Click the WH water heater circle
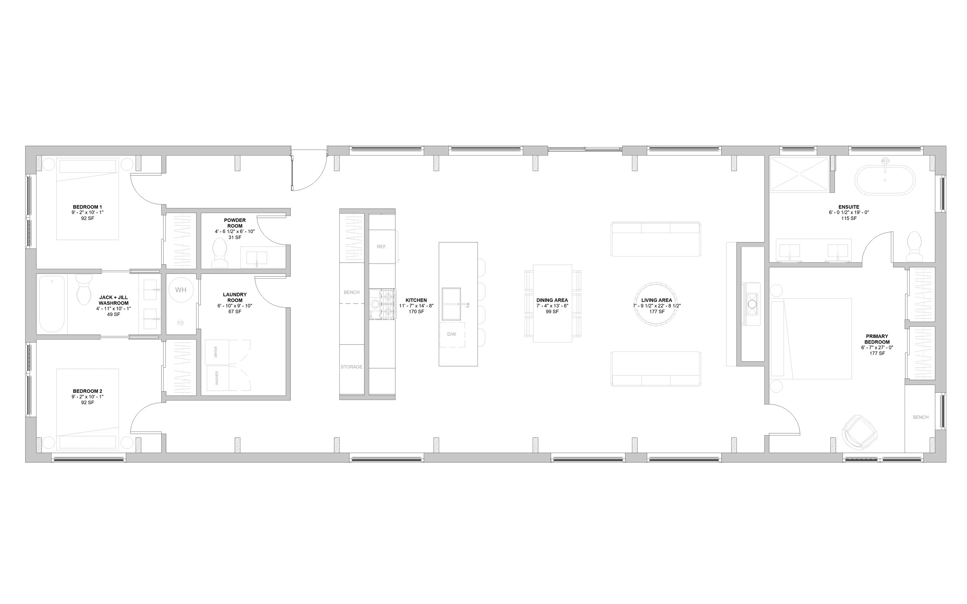(181, 289)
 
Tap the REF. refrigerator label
(382, 247)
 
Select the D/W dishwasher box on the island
(452, 334)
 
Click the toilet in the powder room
(219, 253)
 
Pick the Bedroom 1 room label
(87, 207)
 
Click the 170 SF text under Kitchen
(416, 312)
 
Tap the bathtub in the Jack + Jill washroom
(51, 304)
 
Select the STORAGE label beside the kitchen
(351, 367)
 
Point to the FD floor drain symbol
(180, 323)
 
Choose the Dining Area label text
(552, 300)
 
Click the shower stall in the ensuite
(799, 175)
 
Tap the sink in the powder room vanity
(256, 258)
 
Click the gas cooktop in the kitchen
(382, 304)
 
